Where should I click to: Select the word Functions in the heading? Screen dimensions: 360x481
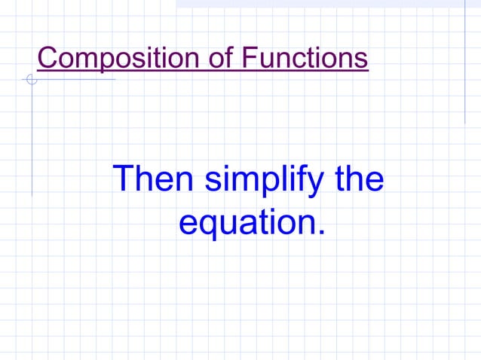(305, 58)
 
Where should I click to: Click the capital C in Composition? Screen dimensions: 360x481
(47, 58)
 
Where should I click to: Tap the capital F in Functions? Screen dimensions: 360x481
(250, 58)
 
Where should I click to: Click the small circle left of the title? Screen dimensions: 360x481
(31, 79)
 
